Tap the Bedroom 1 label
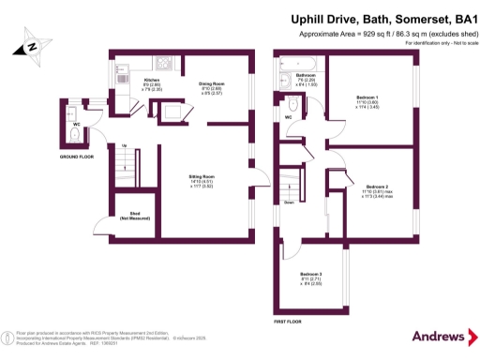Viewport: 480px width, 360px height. [x=367, y=102]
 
